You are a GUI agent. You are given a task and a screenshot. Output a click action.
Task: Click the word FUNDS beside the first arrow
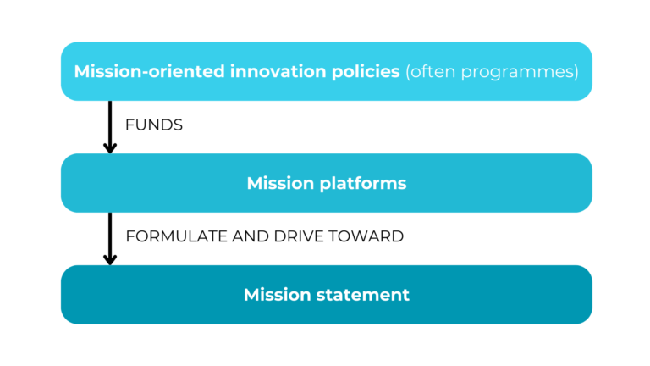click(154, 125)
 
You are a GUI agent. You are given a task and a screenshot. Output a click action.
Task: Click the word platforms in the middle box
click(361, 183)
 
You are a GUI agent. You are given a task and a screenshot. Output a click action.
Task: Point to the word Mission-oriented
click(149, 71)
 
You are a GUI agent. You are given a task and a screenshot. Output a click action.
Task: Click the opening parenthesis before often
click(409, 72)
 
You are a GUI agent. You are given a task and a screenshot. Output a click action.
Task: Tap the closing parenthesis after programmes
click(576, 72)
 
